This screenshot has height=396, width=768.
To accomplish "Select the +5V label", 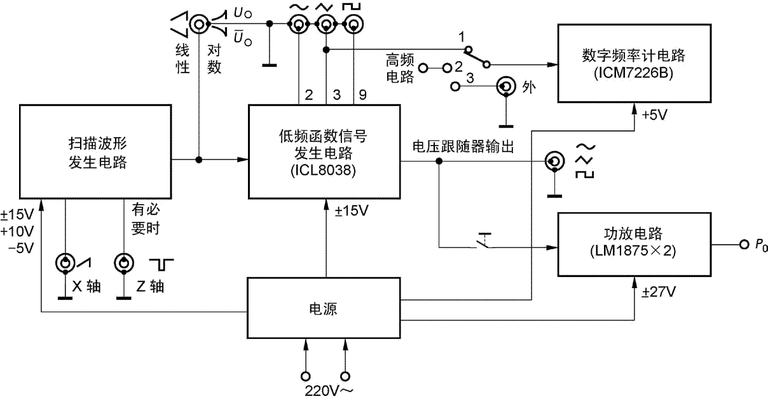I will pos(655,116).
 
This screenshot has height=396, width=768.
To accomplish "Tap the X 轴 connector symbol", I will pos(65,263).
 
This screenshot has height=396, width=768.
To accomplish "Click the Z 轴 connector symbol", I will pos(123,263).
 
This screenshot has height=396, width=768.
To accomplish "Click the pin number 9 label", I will pos(361,95).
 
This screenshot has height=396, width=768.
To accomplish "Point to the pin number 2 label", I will pos(308,95).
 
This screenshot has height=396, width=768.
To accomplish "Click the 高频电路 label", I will pos(401,69).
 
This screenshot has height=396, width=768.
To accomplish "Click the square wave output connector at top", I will pos(352,25).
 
